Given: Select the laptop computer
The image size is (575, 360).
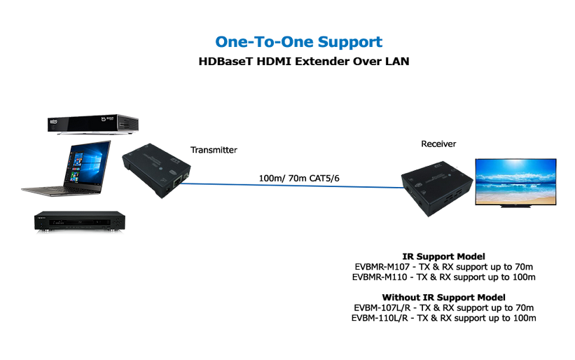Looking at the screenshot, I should [x=67, y=169].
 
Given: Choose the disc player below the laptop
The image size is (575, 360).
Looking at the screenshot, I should [x=79, y=222].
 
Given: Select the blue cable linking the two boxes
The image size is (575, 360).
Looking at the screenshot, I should [x=294, y=186].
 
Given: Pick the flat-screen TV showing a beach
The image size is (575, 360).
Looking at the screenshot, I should [x=515, y=181].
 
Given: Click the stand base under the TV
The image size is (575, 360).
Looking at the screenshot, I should [x=515, y=206].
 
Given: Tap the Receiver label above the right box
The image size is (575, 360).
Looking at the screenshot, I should [x=438, y=144].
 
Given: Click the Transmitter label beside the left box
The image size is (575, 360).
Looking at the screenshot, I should [x=214, y=149].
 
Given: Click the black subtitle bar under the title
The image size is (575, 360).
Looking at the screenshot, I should [x=303, y=61].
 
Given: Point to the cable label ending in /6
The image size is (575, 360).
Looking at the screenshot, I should [x=299, y=178].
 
